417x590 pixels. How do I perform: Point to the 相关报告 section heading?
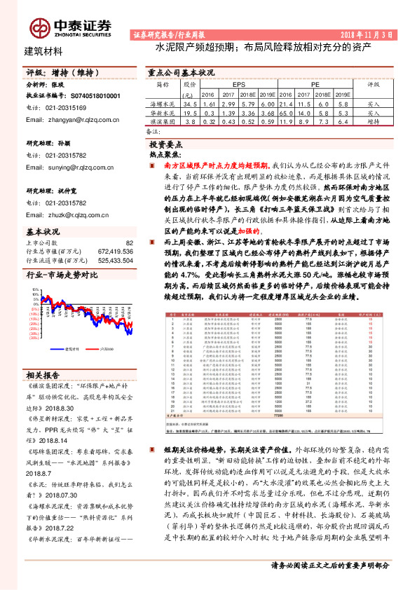43,375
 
